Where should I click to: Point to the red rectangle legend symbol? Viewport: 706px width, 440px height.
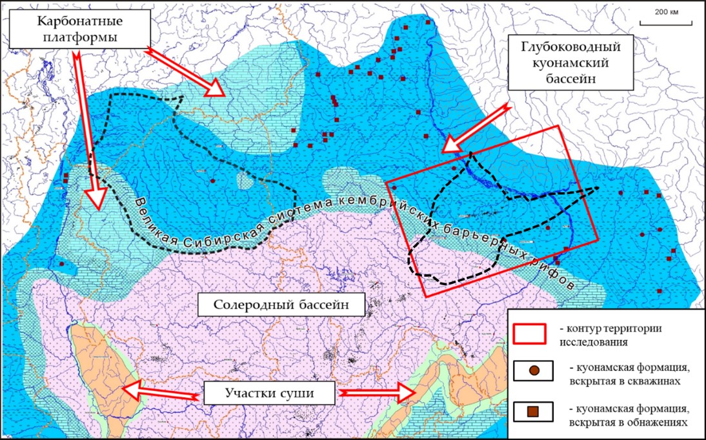[x=530, y=332]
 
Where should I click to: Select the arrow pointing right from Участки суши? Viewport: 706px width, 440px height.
[x=378, y=392]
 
